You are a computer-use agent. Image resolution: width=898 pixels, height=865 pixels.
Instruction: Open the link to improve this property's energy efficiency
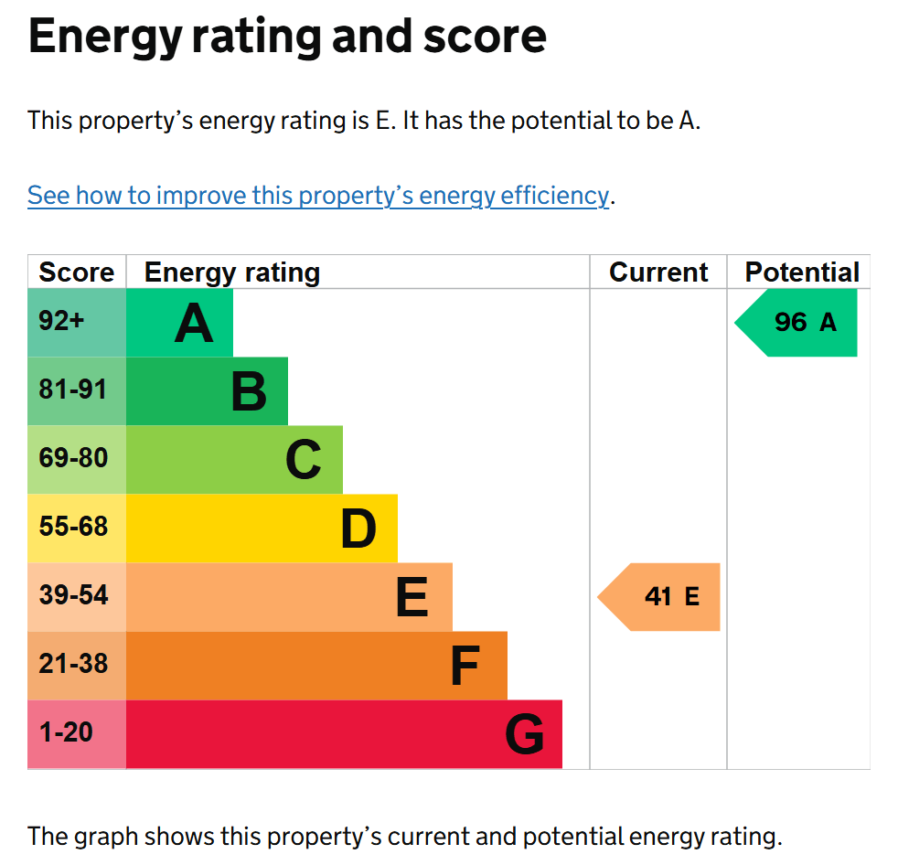pyautogui.click(x=318, y=196)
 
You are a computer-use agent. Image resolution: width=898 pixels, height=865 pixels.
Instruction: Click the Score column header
pyautogui.click(x=76, y=272)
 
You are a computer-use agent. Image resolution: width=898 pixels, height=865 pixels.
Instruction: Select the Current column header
pyautogui.click(x=658, y=272)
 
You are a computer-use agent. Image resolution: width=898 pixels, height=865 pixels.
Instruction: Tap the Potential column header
pyautogui.click(x=802, y=272)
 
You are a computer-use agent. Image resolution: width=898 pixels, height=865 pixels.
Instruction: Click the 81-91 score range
pyautogui.click(x=73, y=390)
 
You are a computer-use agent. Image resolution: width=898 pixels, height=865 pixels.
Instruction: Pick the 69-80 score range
pyautogui.click(x=73, y=458)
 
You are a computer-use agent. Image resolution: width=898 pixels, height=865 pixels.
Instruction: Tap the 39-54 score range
pyautogui.click(x=73, y=595)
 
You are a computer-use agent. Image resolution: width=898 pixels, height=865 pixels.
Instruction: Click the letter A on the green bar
pyautogui.click(x=194, y=324)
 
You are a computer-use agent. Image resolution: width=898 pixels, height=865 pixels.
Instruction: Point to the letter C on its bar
pyautogui.click(x=304, y=460)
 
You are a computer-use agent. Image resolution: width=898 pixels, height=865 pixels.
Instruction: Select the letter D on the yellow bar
pyautogui.click(x=358, y=529)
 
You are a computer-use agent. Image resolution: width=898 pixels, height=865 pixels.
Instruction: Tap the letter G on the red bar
pyautogui.click(x=525, y=734)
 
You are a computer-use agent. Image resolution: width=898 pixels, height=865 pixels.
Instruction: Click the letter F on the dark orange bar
pyautogui.click(x=465, y=665)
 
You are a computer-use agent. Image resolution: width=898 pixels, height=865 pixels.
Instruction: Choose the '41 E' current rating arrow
pyautogui.click(x=658, y=597)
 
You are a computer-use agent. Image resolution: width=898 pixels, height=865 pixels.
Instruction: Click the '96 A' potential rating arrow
pyautogui.click(x=796, y=323)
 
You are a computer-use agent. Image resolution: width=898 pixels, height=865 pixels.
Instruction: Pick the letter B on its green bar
pyautogui.click(x=249, y=391)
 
